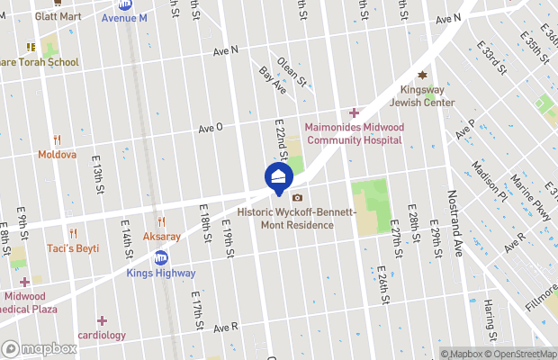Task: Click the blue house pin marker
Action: [279, 176]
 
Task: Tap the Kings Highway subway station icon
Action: [161, 258]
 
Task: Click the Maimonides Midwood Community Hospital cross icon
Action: [354, 112]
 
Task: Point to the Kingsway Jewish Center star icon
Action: [422, 76]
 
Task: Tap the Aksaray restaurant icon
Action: [161, 221]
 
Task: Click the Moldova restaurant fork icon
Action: [57, 139]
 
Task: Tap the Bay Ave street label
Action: [271, 80]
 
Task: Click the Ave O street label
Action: [211, 129]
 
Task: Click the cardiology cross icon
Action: [102, 320]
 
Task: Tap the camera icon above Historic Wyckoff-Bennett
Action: [297, 198]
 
